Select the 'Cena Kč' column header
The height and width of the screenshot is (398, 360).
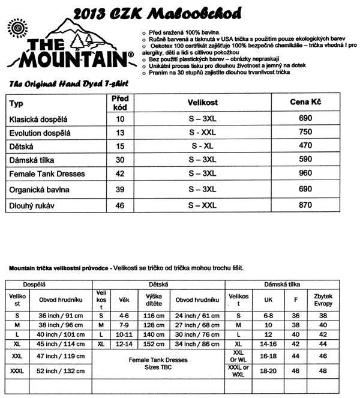(305, 103)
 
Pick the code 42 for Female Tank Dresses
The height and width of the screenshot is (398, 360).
(119, 174)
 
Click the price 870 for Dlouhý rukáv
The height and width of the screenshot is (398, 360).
(305, 205)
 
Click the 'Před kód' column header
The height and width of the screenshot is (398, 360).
(120, 102)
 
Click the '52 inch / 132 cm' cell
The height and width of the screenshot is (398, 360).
(60, 372)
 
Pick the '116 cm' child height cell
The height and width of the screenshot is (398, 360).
(154, 315)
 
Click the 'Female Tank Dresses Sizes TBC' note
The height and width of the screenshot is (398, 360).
(158, 364)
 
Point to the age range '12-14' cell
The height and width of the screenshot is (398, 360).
(124, 344)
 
